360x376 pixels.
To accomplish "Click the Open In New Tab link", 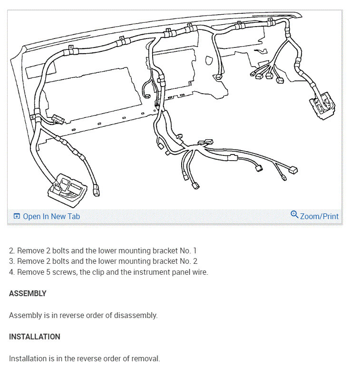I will coord(51,216).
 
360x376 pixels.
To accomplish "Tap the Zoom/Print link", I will coord(319,216).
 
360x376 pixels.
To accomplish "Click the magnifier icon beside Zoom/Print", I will coord(294,215).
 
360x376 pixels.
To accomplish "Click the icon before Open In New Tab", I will coord(17,216).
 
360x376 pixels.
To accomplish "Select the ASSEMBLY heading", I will coord(28,293).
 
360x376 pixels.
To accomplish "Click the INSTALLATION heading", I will coord(34,337).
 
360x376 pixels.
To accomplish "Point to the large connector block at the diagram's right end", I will coord(322,106).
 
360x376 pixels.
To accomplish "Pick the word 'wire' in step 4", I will coord(200,272).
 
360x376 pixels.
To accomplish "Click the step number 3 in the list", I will coord(11,261).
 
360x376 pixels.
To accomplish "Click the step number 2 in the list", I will coord(11,250).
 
